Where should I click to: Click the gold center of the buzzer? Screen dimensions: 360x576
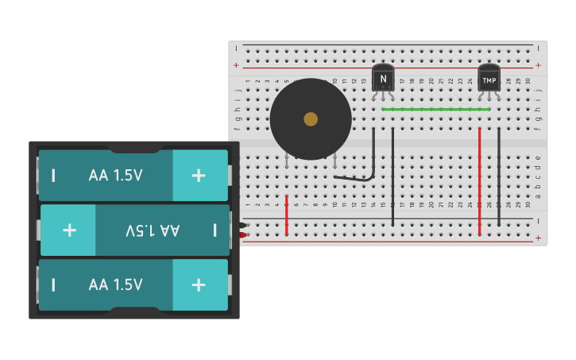coord(311,119)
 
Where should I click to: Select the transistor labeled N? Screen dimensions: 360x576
coord(383,78)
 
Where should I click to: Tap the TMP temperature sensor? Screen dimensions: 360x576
coord(489,79)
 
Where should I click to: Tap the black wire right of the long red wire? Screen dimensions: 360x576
coord(499,175)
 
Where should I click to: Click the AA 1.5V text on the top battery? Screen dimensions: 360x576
coord(116,175)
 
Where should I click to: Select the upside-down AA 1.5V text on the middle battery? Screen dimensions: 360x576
coord(153,230)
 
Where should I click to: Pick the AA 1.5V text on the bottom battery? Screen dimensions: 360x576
coord(116,285)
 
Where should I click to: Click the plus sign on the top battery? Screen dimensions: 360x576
coord(199,175)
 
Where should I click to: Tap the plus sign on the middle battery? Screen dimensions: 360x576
coord(70,230)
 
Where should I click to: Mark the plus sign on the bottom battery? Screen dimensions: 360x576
coord(199,285)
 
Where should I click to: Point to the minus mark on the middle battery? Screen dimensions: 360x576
coord(215,230)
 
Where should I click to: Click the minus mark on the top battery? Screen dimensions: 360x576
coord(53,175)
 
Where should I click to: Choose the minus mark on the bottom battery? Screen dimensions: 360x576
coord(53,285)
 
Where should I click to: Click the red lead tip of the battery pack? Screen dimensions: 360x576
coord(242,234)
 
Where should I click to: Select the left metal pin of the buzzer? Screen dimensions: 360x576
coord(286,163)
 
